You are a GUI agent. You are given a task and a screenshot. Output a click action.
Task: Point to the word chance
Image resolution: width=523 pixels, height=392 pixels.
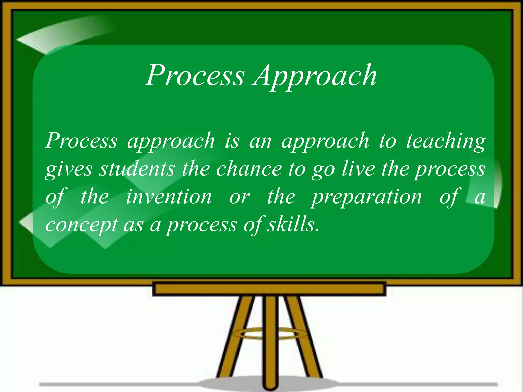click(x=249, y=169)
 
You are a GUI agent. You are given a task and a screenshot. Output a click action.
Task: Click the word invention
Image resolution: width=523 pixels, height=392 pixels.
click(x=169, y=197)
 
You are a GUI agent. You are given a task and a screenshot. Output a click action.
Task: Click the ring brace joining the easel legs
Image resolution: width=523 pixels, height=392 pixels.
click(x=269, y=333)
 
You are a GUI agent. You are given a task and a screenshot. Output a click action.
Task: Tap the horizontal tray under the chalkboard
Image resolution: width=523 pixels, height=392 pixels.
click(x=269, y=289)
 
